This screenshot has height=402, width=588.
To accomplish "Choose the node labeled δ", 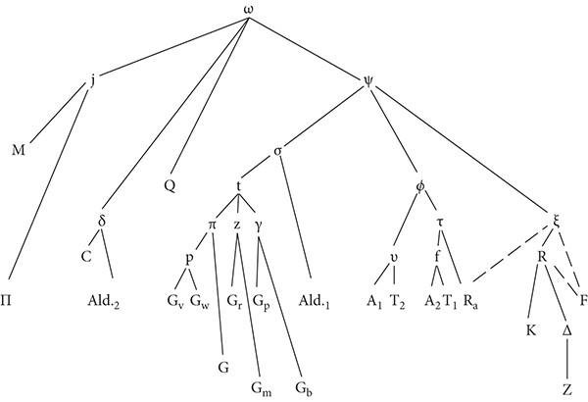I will click(103, 219).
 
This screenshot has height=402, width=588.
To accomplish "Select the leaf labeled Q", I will click(170, 183).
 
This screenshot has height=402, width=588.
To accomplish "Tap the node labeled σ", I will click(278, 150).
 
